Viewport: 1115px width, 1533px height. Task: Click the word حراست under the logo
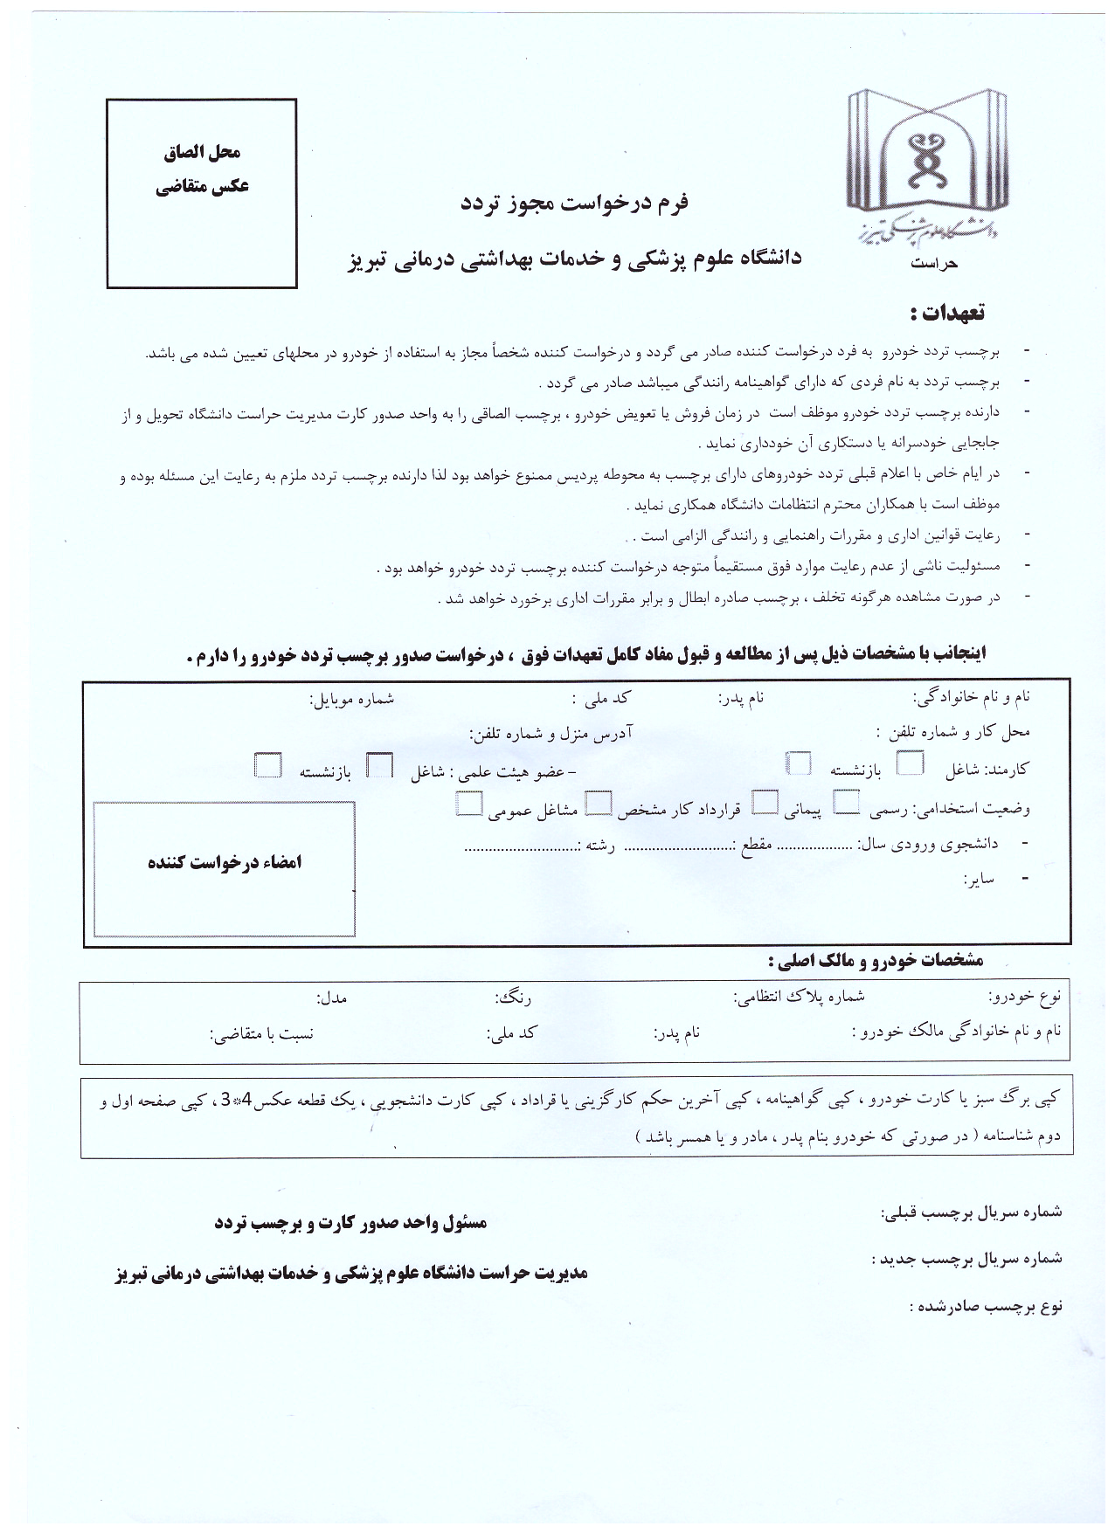pos(933,263)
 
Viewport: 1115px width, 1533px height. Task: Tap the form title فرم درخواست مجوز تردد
pos(574,203)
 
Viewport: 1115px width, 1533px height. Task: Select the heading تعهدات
pos(947,312)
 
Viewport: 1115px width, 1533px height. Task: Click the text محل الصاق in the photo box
pos(202,152)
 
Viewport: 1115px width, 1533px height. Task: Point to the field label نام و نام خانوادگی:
pos(972,697)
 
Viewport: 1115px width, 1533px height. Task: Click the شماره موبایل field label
pos(352,698)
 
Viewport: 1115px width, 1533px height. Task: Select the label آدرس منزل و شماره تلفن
pos(551,732)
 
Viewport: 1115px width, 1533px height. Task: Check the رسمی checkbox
pos(847,801)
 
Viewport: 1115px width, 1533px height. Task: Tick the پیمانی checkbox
pos(766,801)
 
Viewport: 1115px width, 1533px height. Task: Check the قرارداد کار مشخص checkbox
pos(599,802)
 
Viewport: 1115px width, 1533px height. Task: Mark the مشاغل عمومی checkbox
pos(469,803)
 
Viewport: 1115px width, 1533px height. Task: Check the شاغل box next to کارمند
pos(911,763)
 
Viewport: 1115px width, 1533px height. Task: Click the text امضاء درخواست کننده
pos(225,862)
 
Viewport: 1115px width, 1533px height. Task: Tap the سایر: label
pos(980,879)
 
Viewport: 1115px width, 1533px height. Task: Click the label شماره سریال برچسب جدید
pos(966,1259)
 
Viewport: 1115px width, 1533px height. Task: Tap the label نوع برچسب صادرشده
pos(985,1307)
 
